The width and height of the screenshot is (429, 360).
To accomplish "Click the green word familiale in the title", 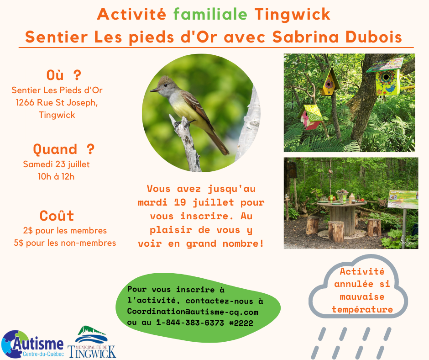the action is click(210, 14).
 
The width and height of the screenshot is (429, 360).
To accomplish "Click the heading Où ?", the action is click(64, 75).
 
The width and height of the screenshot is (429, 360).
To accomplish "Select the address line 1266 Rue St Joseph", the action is click(57, 102).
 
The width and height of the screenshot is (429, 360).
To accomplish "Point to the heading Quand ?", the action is click(64, 149).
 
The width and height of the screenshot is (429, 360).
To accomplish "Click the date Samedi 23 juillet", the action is click(56, 164).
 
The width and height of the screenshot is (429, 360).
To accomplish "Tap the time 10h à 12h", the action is click(56, 176).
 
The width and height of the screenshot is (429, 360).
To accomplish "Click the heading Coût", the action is click(57, 216).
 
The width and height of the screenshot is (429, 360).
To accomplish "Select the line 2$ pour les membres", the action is click(65, 231).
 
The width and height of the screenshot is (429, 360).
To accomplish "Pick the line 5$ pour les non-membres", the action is click(65, 243).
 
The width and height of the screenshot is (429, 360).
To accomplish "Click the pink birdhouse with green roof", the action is click(311, 117).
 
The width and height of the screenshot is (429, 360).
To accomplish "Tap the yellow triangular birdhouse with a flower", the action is click(329, 82).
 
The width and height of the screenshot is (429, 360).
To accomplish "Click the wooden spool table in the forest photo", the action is click(341, 217).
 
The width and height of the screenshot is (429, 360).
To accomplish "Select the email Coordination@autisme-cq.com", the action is click(193, 312).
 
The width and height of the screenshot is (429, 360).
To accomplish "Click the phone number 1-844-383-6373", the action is click(190, 323).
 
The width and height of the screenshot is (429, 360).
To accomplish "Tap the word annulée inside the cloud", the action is click(354, 284).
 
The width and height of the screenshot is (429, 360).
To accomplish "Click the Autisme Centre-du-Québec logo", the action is click(32, 344).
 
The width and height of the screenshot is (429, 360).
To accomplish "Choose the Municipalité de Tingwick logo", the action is click(92, 342).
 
